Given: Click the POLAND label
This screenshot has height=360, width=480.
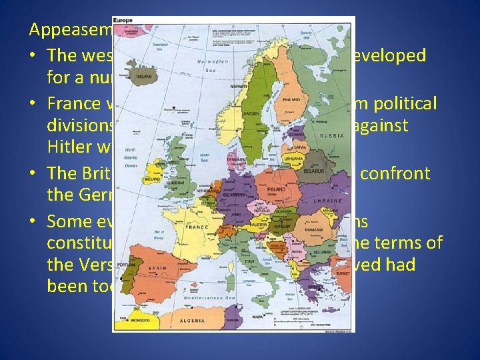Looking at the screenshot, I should pos(276,189).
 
